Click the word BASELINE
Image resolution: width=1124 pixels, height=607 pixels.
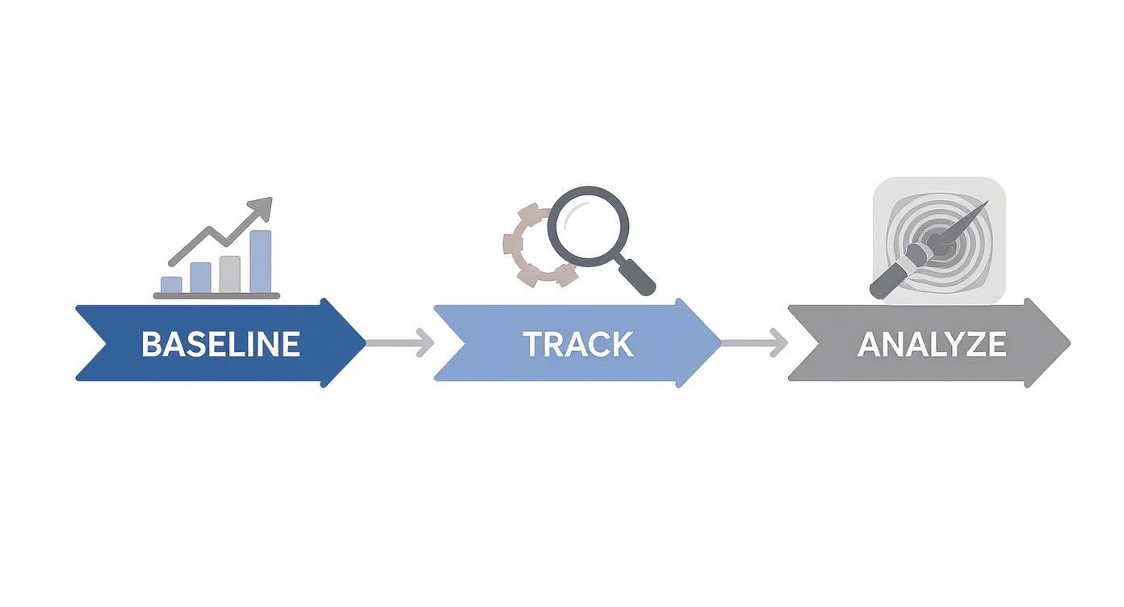pos(220,344)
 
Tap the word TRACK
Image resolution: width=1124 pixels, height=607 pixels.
pos(577,344)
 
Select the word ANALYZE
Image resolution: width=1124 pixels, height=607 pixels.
pos(932,345)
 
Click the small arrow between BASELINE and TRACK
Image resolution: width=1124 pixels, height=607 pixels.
pos(401,343)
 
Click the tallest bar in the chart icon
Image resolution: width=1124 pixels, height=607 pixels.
pos(260,262)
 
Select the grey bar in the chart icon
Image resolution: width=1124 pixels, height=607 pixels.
pos(230,274)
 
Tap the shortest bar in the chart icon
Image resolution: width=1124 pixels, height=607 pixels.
pos(171,284)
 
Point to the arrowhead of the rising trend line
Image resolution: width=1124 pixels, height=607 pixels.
pos(262,207)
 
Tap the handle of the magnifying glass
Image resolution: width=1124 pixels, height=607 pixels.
pos(638,278)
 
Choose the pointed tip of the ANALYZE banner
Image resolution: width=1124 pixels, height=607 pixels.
pos(1068,343)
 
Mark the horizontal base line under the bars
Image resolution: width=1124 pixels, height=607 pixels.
pos(216,296)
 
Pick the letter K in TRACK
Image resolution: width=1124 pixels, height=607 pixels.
pos(621,344)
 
